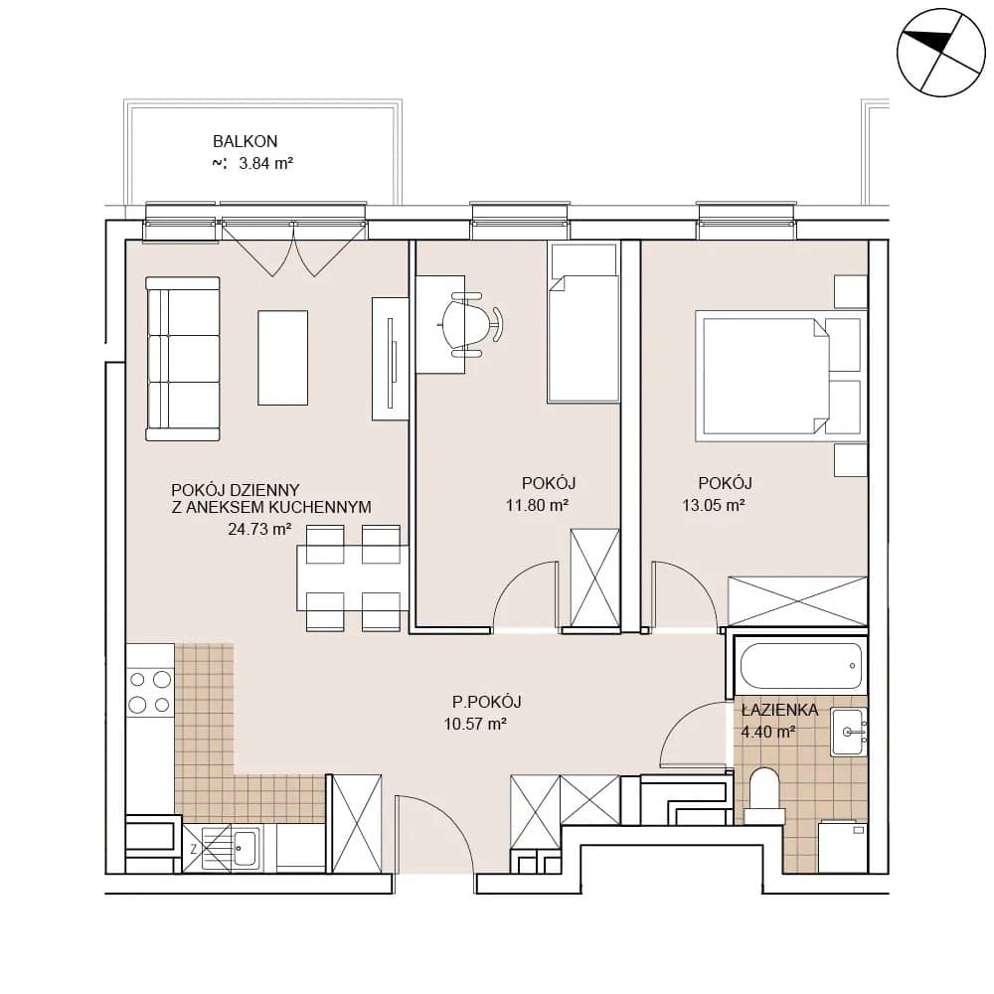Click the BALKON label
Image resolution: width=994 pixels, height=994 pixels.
[x=245, y=141]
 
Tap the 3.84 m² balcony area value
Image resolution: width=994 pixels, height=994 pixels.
[x=265, y=164]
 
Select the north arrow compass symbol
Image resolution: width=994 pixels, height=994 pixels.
[x=941, y=53]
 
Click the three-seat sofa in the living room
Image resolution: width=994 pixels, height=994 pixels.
[x=183, y=359]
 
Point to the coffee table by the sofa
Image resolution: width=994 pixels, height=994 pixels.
[x=282, y=358]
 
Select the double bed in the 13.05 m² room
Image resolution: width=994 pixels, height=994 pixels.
[x=778, y=376]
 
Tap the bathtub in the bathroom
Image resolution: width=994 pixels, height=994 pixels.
[x=801, y=666]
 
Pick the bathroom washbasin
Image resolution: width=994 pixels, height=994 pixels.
[x=849, y=733]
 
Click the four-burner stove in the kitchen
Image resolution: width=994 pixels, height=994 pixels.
[x=150, y=692]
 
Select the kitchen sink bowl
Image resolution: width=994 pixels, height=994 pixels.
[x=244, y=848]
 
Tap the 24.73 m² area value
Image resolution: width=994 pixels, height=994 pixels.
[x=259, y=529]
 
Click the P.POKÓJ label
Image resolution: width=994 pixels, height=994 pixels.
[x=487, y=702]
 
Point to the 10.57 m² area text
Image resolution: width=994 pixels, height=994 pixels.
[x=475, y=724]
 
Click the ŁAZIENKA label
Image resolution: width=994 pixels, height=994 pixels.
[x=779, y=710]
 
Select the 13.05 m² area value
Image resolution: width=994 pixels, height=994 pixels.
[x=713, y=505]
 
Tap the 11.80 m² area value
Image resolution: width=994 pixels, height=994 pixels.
[x=537, y=505]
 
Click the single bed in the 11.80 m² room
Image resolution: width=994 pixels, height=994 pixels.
[x=583, y=323]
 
